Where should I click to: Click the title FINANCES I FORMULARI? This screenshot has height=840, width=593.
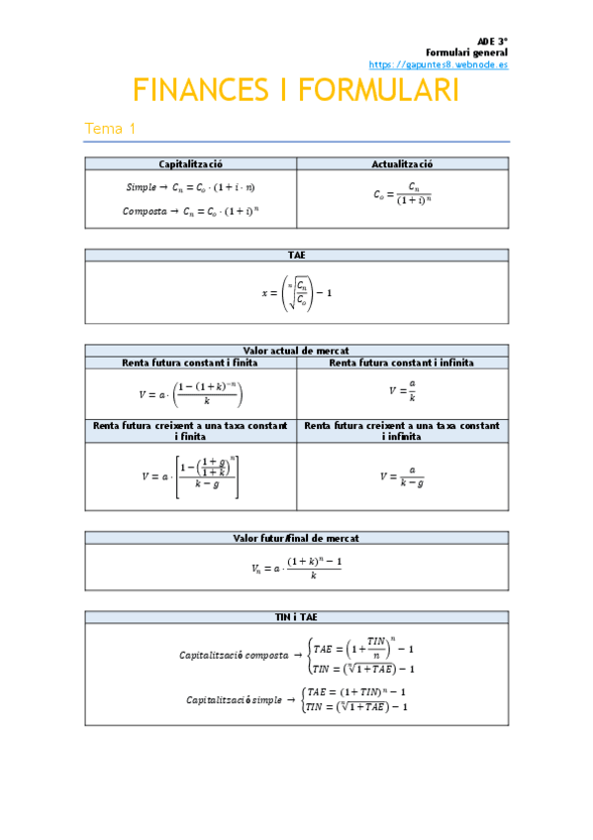[x=296, y=92]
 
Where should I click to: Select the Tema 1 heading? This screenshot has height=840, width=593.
[x=110, y=129]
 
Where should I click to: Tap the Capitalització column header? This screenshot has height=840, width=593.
[x=191, y=164]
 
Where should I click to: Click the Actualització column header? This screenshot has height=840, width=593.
[x=402, y=164]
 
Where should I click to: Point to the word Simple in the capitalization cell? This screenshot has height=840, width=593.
[x=141, y=186]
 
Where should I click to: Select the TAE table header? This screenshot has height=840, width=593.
[x=296, y=255]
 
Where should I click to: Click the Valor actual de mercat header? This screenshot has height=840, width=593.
[x=296, y=350]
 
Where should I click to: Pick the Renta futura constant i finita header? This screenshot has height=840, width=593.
[x=191, y=363]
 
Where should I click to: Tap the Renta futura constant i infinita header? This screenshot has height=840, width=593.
[x=402, y=363]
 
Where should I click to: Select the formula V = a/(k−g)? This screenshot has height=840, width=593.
[x=402, y=476]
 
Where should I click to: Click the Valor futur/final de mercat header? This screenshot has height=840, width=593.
[x=296, y=538]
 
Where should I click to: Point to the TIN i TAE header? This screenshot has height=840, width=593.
[x=296, y=617]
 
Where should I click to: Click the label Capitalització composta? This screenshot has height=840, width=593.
[x=234, y=655]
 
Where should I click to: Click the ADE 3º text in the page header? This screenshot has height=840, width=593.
[x=492, y=41]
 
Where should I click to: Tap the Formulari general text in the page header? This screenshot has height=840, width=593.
[x=466, y=52]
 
